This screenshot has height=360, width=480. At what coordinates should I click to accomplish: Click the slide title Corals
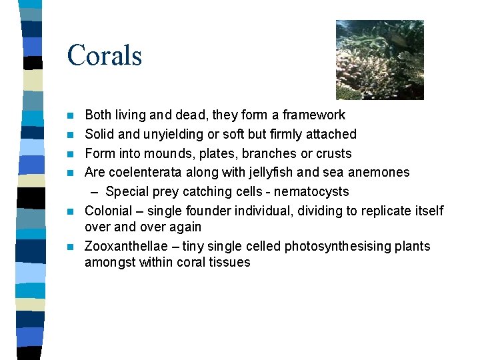pyautogui.click(x=105, y=55)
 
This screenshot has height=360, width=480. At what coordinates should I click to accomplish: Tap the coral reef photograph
pyautogui.click(x=379, y=60)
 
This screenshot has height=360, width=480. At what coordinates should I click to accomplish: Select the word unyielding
pyautogui.click(x=167, y=135)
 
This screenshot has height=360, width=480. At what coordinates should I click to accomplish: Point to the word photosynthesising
pyautogui.click(x=335, y=247)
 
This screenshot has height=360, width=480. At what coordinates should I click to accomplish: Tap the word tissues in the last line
pyautogui.click(x=230, y=263)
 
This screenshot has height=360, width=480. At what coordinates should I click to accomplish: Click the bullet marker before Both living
pyautogui.click(x=71, y=115)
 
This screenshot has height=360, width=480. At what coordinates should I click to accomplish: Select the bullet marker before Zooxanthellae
pyautogui.click(x=71, y=247)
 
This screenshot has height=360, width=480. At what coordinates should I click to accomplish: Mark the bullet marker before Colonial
pyautogui.click(x=71, y=211)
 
